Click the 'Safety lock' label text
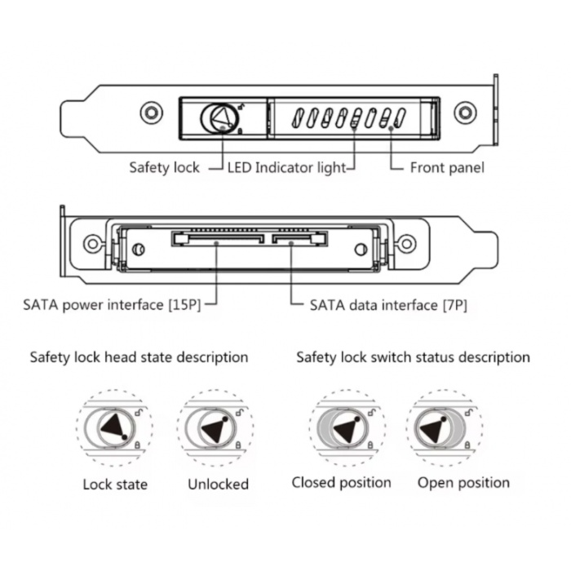[x=164, y=168]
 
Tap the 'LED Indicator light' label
[x=286, y=168]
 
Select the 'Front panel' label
[x=447, y=168]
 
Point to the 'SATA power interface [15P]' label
[x=112, y=305]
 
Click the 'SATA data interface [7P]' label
[x=388, y=305]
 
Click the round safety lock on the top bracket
[x=220, y=118]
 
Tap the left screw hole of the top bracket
[x=152, y=113]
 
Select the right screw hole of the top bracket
[x=465, y=113]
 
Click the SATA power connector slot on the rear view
[x=218, y=238]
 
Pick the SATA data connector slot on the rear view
[x=299, y=238]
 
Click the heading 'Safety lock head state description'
[x=139, y=357]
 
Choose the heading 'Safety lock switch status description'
[x=413, y=357]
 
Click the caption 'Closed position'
[x=341, y=483]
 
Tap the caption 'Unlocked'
[x=218, y=485]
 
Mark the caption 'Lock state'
[x=115, y=485]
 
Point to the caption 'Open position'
[x=463, y=483]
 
